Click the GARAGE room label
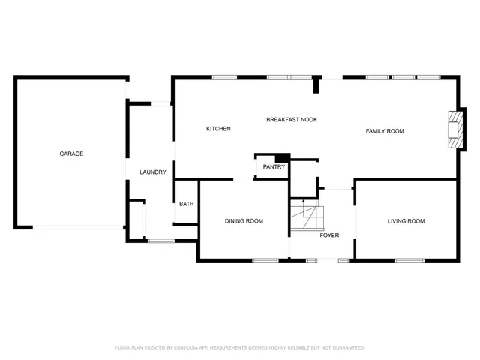tap(71, 154)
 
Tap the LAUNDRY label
tap(152, 172)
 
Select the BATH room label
tap(186, 204)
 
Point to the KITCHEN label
tap(218, 129)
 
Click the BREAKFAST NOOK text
tap(292, 120)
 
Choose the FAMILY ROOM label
tap(385, 131)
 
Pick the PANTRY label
tap(274, 167)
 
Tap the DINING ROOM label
tap(244, 221)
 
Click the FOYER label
tap(329, 235)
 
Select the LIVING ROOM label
tap(406, 221)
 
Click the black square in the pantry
tap(282, 157)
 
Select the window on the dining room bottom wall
tap(265, 260)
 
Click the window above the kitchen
tap(224, 76)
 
